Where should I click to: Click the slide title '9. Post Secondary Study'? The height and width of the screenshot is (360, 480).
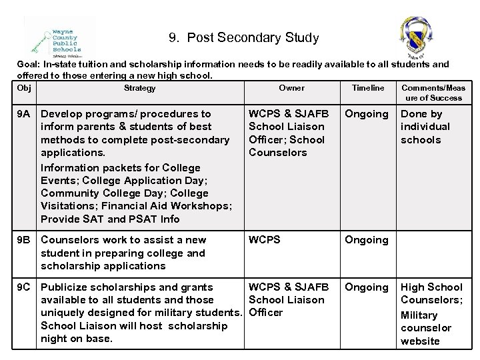243,38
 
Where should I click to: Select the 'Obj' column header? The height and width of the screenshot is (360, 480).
25,88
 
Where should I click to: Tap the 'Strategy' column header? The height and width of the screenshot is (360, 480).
140,88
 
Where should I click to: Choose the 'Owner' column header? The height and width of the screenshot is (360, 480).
291,88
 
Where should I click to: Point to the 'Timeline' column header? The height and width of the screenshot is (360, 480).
368,88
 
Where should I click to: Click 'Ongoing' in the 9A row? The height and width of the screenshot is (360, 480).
366,114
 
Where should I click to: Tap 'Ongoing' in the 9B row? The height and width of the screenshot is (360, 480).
366,240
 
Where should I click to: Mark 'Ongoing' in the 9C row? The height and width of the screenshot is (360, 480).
366,287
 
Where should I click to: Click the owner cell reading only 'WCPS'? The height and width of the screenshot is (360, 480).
265,240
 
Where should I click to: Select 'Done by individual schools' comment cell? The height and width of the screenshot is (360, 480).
425,127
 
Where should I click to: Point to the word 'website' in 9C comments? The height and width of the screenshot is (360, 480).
420,341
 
